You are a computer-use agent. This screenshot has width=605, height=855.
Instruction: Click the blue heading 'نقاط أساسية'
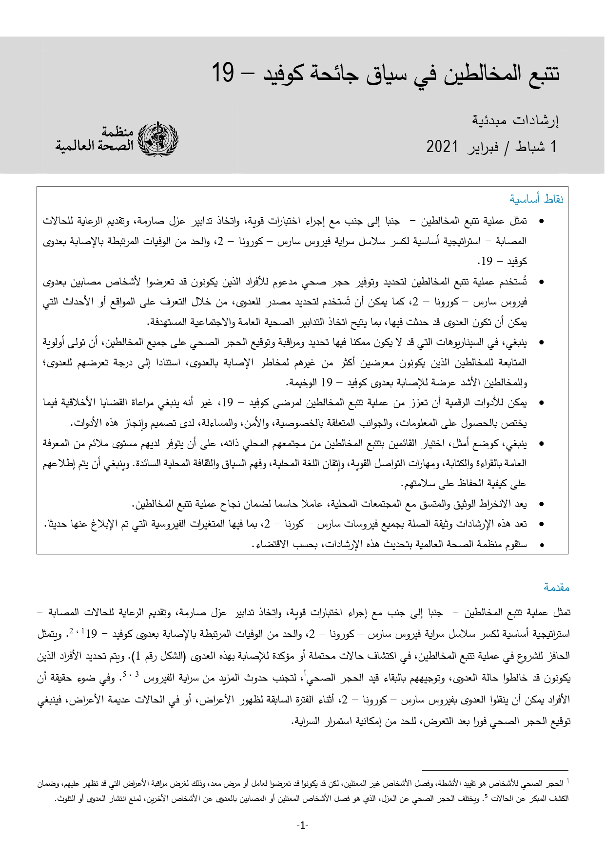click(537, 199)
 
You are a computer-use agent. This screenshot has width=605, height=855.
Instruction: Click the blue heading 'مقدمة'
click(557, 588)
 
